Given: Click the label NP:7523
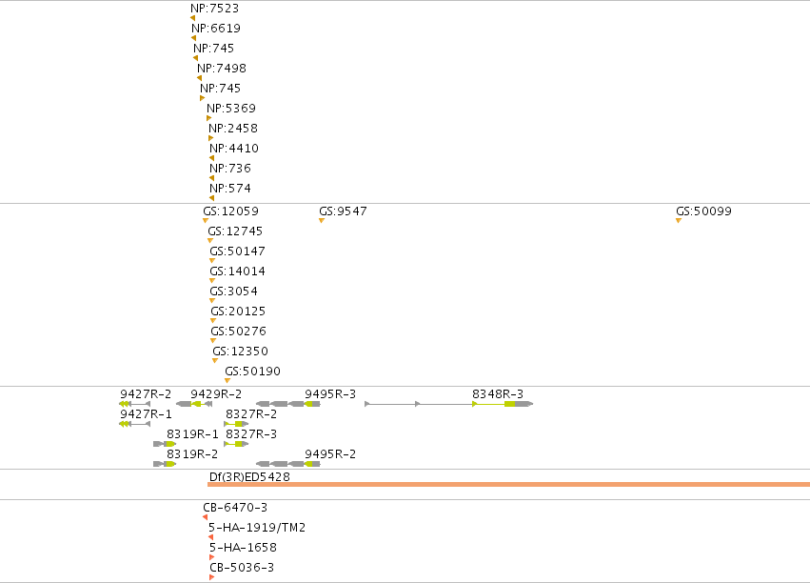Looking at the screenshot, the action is (214, 9).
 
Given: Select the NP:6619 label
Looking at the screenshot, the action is (216, 29).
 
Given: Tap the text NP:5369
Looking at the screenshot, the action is (231, 109).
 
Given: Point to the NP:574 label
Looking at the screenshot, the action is (230, 189).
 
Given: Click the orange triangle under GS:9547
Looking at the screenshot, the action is (322, 221).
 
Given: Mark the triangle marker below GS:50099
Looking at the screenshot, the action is (679, 221).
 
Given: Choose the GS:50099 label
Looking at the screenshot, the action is (703, 211).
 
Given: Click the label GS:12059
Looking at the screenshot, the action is (230, 211).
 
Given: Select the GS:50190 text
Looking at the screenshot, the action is (252, 372).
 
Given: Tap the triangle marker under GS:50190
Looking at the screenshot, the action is (227, 381).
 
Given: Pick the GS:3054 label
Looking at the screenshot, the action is (233, 291).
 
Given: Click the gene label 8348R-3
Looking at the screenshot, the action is (498, 394).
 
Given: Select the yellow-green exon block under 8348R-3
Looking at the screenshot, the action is (510, 404).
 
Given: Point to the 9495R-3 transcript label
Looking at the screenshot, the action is (330, 394).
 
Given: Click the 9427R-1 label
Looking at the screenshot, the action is (146, 414).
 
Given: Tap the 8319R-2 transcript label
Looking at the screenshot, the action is (191, 454).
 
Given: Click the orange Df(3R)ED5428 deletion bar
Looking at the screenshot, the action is (508, 484).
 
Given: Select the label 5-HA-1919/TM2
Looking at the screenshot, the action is (257, 528).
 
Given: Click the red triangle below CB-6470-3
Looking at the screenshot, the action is (205, 517).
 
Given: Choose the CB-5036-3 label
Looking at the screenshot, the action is (242, 568).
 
